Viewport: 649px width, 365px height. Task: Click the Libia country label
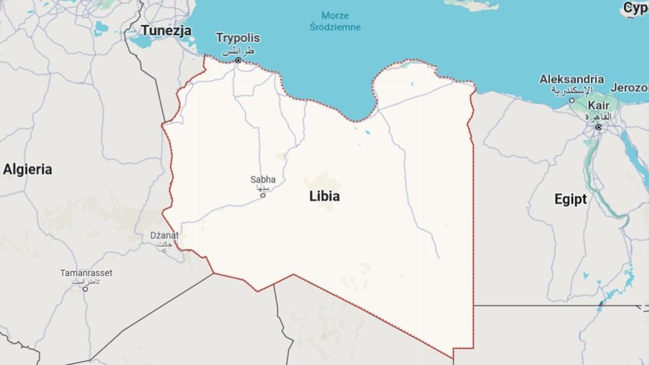pos(324,197)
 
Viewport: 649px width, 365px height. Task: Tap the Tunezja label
pos(166,30)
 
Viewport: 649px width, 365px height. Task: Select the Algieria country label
pos(28,169)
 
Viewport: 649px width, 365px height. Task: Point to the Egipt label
pos(570,199)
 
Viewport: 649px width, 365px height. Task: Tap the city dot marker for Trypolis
pos(238,61)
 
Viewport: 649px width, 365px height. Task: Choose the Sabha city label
pos(262,179)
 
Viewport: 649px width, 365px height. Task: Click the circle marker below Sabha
pos(262,195)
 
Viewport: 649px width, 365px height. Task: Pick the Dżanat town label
pos(164,235)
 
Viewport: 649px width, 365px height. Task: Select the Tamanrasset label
pos(86,273)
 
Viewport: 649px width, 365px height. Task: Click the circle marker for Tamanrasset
pos(86,288)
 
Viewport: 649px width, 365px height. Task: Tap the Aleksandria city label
pos(572,79)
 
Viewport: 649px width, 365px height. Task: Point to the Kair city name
pos(598,105)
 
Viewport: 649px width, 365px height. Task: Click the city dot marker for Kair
pos(598,127)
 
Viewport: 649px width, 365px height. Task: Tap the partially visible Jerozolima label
pos(631,88)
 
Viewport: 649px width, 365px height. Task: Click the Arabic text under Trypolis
pos(238,50)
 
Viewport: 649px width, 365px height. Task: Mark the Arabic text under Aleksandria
pos(572,90)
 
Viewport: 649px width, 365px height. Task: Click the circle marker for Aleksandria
pos(572,101)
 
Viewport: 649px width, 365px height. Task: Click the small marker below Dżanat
pos(164,250)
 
